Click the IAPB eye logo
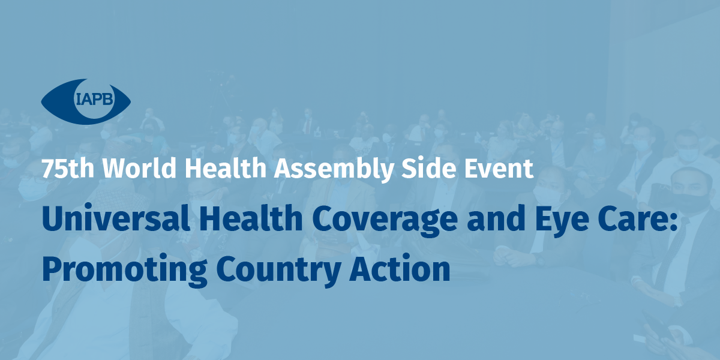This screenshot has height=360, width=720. pos(86,101)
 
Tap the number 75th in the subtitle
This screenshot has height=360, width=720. pos(68,168)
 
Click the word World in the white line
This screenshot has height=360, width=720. pos(139,167)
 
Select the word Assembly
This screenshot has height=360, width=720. pos(334,169)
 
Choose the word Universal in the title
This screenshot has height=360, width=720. pos(116,218)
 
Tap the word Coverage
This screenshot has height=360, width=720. pos(385,221)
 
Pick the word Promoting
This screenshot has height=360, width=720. pos(124,271)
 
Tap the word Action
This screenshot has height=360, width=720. pos(400,268)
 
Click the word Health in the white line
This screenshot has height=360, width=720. pos(226,167)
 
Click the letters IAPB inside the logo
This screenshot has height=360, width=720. pos(94,98)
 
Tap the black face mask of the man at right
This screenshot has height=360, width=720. pos(691,202)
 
